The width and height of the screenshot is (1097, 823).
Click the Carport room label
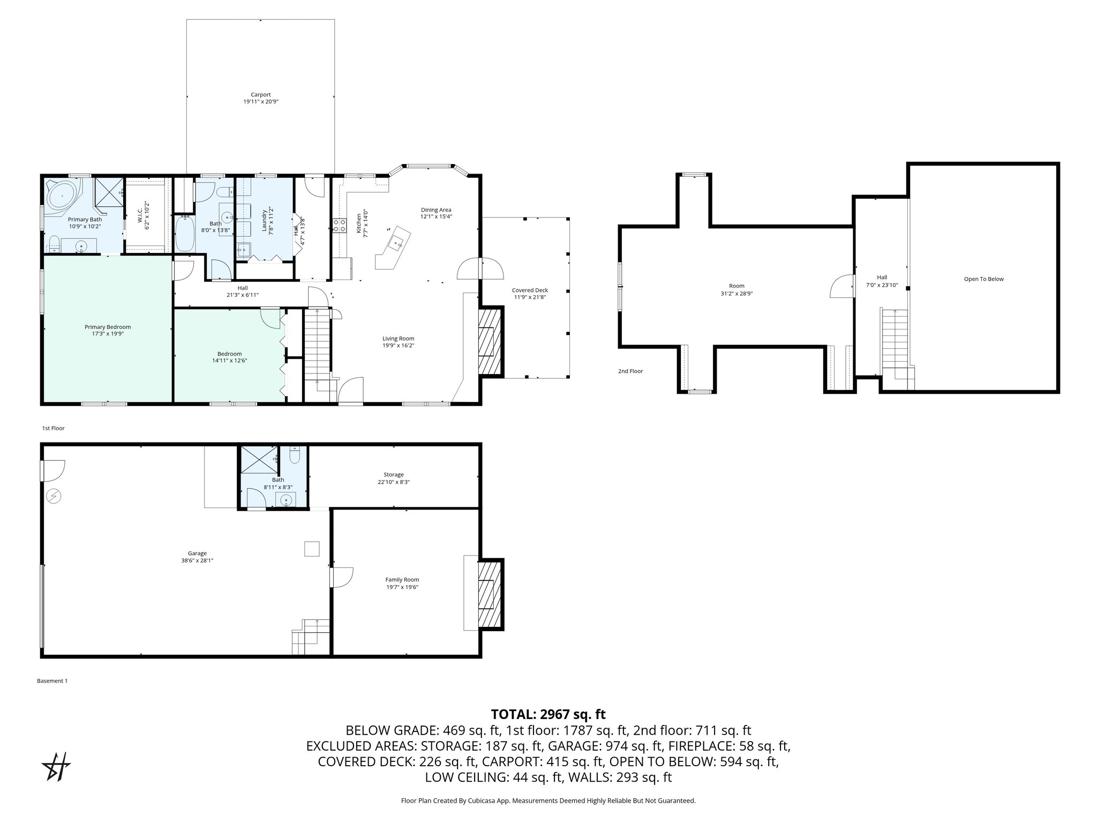click(x=261, y=95)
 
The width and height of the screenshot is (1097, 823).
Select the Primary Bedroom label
click(x=108, y=327)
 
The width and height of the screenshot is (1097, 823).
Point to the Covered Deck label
click(x=530, y=290)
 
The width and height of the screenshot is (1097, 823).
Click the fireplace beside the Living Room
click(x=490, y=341)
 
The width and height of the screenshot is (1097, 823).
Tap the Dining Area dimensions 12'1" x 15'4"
click(x=436, y=216)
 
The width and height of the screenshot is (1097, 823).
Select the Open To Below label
click(x=983, y=279)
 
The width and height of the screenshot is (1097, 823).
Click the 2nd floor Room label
click(x=737, y=286)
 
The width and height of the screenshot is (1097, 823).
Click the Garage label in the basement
click(x=197, y=553)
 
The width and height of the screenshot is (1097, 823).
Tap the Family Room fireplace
click(x=490, y=594)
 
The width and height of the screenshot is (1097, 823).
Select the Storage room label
click(x=393, y=475)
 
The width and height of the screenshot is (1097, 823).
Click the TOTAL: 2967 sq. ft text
click(x=548, y=714)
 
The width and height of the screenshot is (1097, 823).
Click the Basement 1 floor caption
click(x=52, y=681)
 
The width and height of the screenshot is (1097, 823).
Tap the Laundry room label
click(x=265, y=220)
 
